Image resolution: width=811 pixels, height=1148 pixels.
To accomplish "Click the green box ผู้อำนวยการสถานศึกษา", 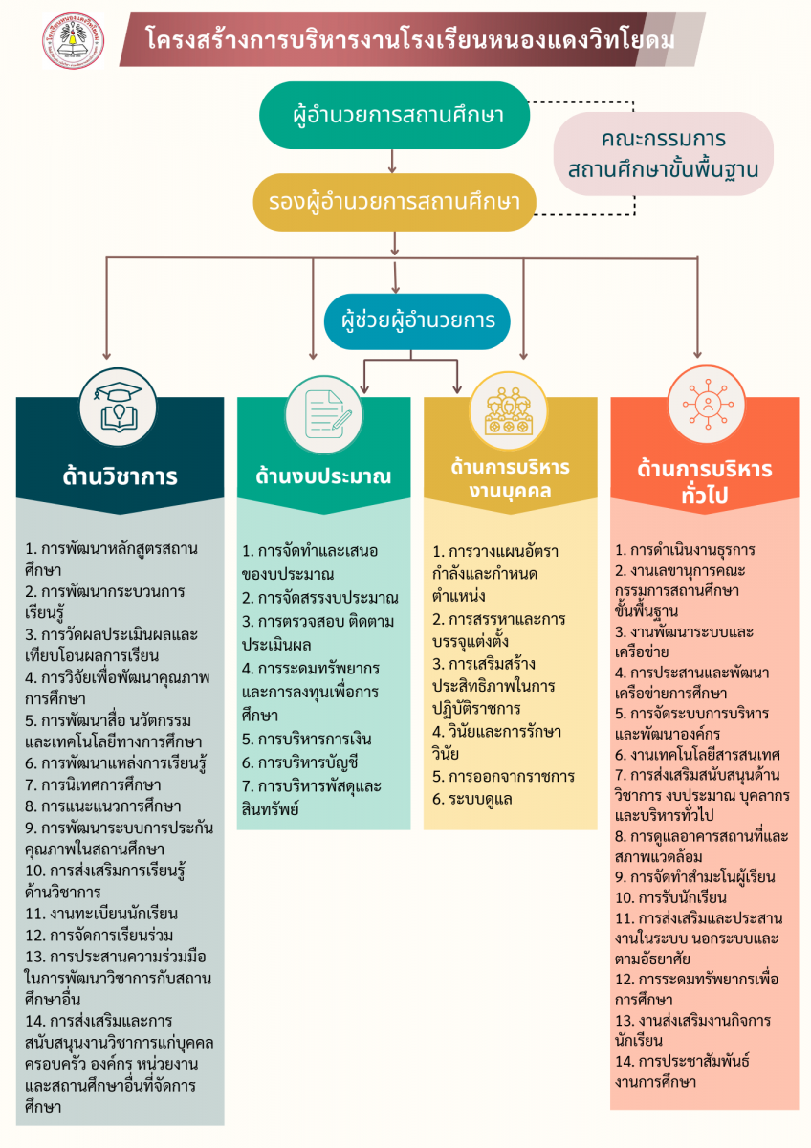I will click(x=395, y=117).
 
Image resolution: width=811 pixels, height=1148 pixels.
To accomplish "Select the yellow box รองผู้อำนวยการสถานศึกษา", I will click(x=393, y=202).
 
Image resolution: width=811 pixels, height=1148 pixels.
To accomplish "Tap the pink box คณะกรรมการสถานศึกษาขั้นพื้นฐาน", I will click(x=663, y=154).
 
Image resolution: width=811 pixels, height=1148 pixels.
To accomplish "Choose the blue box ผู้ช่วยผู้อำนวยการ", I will click(x=411, y=320).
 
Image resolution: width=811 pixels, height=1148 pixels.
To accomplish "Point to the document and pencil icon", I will click(x=325, y=408).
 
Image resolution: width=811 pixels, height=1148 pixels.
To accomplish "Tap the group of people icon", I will click(x=508, y=409).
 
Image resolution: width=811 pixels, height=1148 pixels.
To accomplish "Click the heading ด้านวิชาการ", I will click(x=121, y=475).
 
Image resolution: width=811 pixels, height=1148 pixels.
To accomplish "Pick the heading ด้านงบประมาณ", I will click(x=324, y=475).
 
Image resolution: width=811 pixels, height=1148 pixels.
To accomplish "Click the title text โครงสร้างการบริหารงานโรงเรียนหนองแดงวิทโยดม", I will click(x=410, y=40).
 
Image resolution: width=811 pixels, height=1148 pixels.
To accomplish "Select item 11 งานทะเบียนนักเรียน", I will click(x=102, y=913).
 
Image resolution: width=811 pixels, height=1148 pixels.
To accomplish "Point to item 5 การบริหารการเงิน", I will click(x=307, y=739).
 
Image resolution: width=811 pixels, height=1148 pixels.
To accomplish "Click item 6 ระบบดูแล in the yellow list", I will click(x=472, y=798).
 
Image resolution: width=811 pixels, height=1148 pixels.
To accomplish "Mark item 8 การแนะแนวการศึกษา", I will click(x=104, y=805).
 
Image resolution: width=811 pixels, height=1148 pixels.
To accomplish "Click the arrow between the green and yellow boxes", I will click(x=394, y=164).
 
